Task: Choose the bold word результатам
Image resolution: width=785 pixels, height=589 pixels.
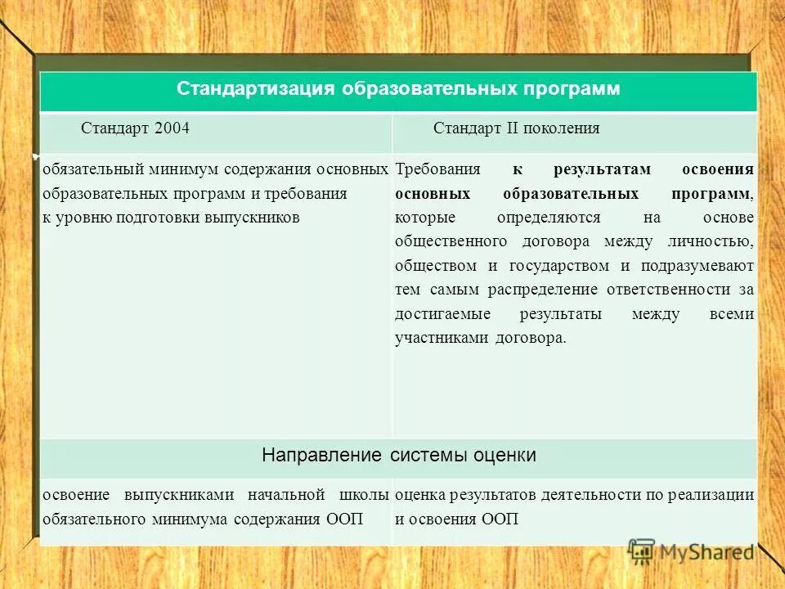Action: [x=603, y=170]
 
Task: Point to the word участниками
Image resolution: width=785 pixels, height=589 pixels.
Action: [x=441, y=338]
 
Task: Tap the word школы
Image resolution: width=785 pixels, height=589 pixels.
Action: [x=363, y=495]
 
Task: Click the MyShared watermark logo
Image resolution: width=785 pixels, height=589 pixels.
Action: [x=691, y=552]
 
